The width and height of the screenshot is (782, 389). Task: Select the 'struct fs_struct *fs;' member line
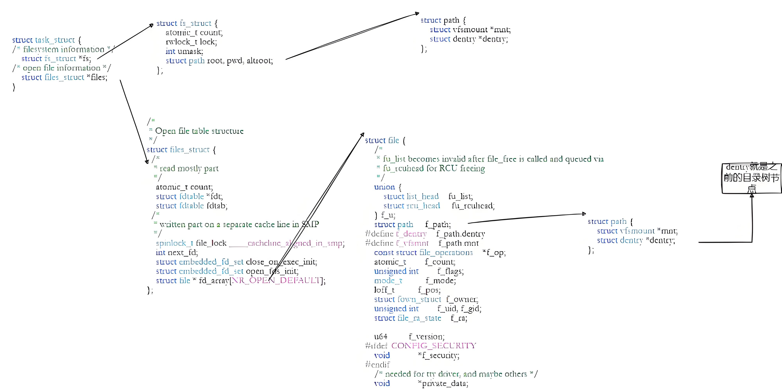56,59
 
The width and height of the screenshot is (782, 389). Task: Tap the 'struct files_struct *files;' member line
64,77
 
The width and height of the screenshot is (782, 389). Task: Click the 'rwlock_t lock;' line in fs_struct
191,42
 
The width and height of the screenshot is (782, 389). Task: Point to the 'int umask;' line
184,51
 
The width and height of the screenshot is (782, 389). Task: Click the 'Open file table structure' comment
199,131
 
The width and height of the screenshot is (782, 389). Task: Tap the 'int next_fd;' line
177,253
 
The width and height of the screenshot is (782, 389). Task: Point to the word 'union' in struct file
384,187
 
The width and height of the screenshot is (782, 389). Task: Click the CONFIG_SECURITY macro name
433,346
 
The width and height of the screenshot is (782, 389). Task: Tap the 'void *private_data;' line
421,384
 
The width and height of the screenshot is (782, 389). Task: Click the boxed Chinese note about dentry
751,178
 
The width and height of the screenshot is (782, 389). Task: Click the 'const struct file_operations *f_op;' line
439,253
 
